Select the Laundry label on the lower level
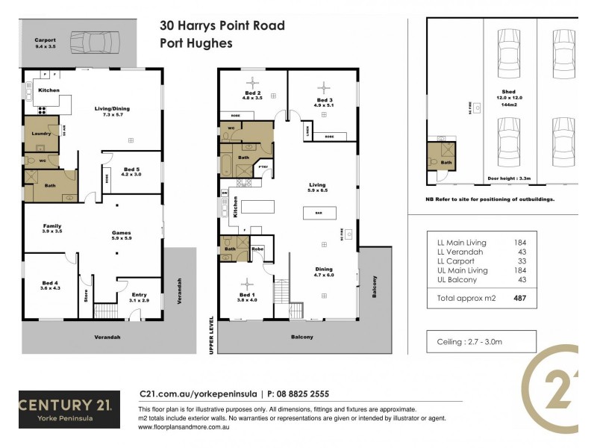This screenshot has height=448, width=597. tap(40, 134)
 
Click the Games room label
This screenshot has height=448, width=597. tap(121, 234)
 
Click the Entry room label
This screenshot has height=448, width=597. tap(140, 297)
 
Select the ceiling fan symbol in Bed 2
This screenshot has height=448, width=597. tap(252, 82)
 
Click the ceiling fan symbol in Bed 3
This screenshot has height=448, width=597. tap(324, 85)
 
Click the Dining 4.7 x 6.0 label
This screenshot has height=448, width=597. tap(323, 272)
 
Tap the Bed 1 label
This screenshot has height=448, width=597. tap(247, 287)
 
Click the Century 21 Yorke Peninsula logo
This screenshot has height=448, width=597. tap(65, 409)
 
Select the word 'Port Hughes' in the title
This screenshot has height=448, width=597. tap(196, 43)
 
